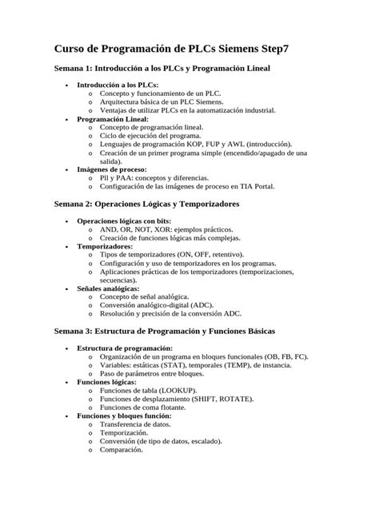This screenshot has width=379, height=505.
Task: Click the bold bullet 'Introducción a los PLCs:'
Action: (117, 85)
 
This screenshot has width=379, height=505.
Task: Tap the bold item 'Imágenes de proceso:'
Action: (111, 169)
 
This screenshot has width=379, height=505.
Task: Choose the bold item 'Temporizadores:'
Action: (105, 247)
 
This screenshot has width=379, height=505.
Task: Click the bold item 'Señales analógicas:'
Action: (110, 289)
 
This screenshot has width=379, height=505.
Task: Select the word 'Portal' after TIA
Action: (261, 186)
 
